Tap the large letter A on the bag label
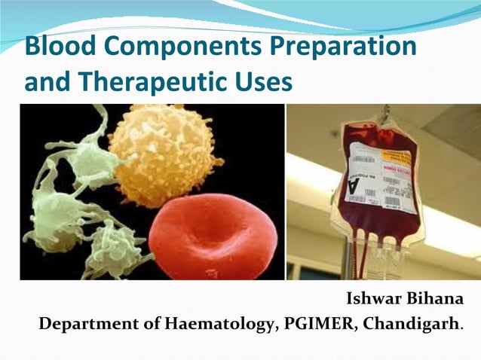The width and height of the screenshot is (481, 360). tap(355, 185)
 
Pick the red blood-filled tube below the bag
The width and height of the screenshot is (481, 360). tap(363, 256)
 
